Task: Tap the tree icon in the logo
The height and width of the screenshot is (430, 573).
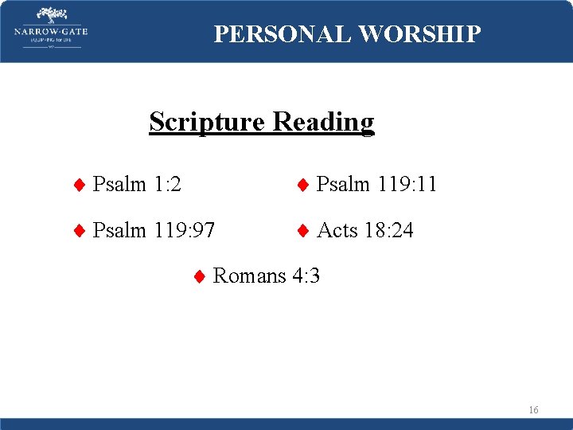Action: pyautogui.click(x=50, y=15)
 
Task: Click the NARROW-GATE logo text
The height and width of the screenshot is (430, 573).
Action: pyautogui.click(x=50, y=32)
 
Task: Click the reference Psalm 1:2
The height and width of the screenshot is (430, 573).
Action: pyautogui.click(x=137, y=185)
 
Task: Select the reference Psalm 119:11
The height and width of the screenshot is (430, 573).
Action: pyautogui.click(x=376, y=185)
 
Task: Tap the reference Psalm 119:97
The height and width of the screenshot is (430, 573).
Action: pyautogui.click(x=154, y=231)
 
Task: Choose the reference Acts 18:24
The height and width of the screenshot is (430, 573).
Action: pyautogui.click(x=365, y=231)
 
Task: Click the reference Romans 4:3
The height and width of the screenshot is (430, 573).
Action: pyautogui.click(x=267, y=276)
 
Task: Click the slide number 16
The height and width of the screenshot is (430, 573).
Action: pyautogui.click(x=533, y=410)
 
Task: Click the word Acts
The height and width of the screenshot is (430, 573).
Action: pyautogui.click(x=337, y=231)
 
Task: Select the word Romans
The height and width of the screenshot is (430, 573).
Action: pyautogui.click(x=250, y=276)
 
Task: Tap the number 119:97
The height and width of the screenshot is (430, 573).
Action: pyautogui.click(x=185, y=231)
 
